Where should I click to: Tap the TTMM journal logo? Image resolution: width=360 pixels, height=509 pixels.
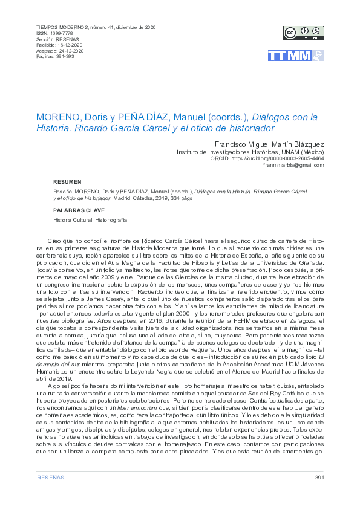[295, 56]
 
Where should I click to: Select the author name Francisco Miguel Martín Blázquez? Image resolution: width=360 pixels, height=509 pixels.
[269, 145]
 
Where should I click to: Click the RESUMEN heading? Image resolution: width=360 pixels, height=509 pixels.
[67, 182]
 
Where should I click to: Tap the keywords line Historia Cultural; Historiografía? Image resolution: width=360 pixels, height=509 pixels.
[91, 220]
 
